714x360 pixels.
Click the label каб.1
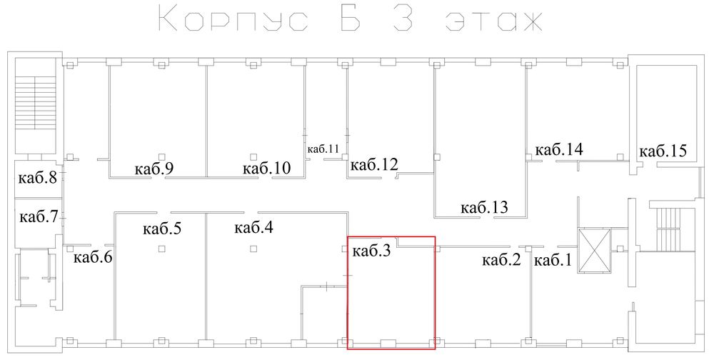pos(551,261)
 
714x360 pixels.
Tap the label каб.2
pos(501,261)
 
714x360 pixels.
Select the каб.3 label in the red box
pos(371,251)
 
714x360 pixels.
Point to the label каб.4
pos(253,227)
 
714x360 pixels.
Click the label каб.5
pos(161,229)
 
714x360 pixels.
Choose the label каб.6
pos(93,258)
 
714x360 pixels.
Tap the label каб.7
pos(39,217)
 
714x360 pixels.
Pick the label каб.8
pos(38,177)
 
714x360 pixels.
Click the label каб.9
pos(154,169)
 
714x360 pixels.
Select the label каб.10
pos(266,168)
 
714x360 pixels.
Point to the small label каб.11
pos(323,149)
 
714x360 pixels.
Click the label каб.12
pos(374,164)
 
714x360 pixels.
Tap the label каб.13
pos(484,207)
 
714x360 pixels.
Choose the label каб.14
pos(559,149)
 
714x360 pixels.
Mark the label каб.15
pos(663,151)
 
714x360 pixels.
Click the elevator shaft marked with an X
pos(594,250)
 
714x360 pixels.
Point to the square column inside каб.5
pos(161,249)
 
